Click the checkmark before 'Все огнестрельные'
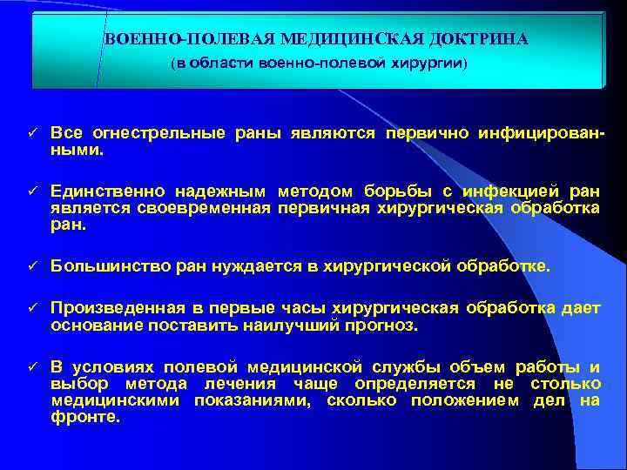coord(29,133)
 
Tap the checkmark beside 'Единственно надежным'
coord(29,189)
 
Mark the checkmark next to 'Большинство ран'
coord(29,264)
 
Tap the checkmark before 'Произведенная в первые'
coord(29,310)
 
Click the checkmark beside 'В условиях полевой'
coord(29,366)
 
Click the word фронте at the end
coord(84,417)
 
